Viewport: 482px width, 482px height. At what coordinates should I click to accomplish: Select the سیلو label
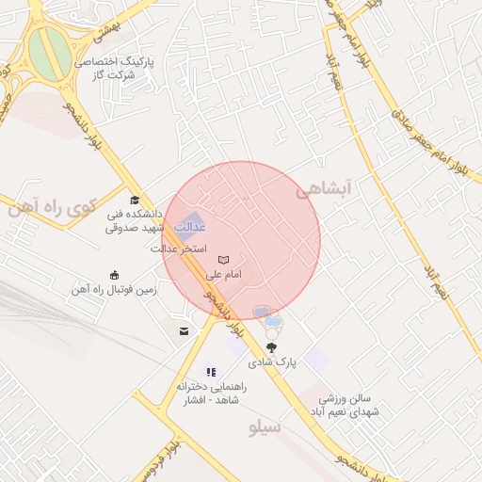point(265,427)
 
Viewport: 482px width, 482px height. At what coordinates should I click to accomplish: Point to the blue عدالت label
point(191,227)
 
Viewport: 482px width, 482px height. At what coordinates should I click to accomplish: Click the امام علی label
point(223,274)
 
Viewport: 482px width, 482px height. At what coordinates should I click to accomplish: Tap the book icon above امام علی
point(223,260)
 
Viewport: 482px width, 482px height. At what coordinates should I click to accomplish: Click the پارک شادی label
point(272,361)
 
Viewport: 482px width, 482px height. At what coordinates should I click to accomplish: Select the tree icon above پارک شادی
point(272,347)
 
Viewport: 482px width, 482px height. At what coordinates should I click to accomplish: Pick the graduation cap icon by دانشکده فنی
point(135,200)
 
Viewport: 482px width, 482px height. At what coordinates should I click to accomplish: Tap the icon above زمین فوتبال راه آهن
point(115,275)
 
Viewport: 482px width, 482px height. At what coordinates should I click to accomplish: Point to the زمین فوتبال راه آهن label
point(114,290)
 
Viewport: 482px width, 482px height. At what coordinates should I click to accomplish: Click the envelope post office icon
point(183,330)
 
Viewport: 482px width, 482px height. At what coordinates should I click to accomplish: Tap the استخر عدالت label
point(179,249)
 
